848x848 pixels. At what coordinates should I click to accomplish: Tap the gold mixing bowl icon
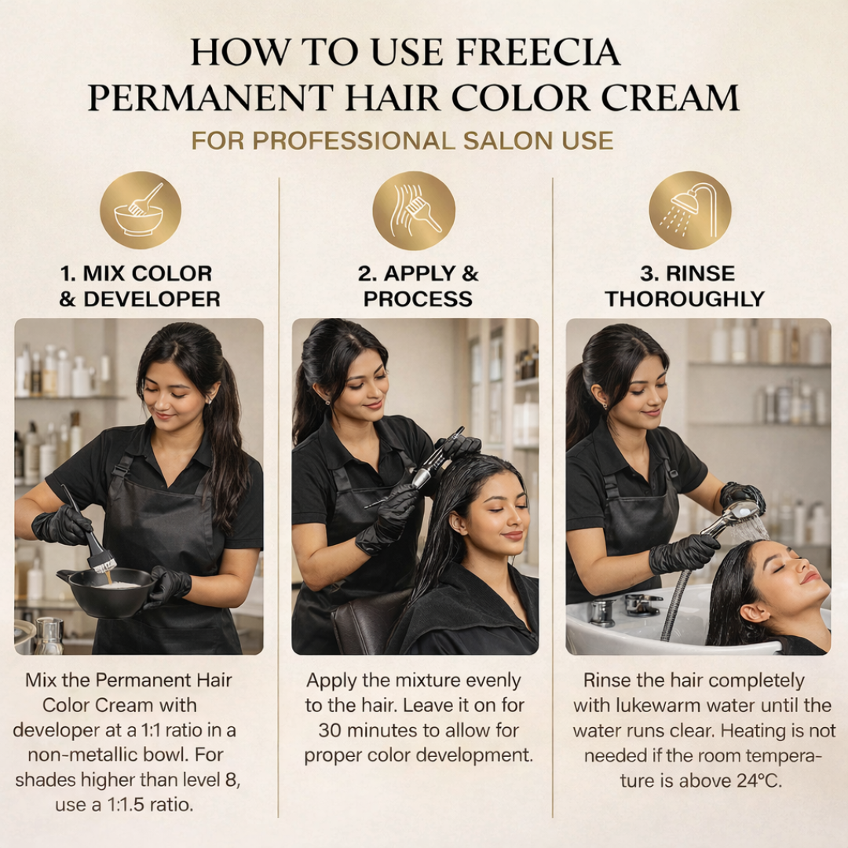click(140, 210)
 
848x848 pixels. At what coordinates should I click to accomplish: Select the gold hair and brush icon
click(414, 210)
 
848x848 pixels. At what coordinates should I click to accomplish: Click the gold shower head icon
click(689, 210)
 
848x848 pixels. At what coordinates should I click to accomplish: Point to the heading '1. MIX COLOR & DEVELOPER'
click(139, 286)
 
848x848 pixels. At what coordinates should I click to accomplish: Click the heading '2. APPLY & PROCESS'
click(418, 286)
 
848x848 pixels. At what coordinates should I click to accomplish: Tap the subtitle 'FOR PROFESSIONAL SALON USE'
click(402, 141)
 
